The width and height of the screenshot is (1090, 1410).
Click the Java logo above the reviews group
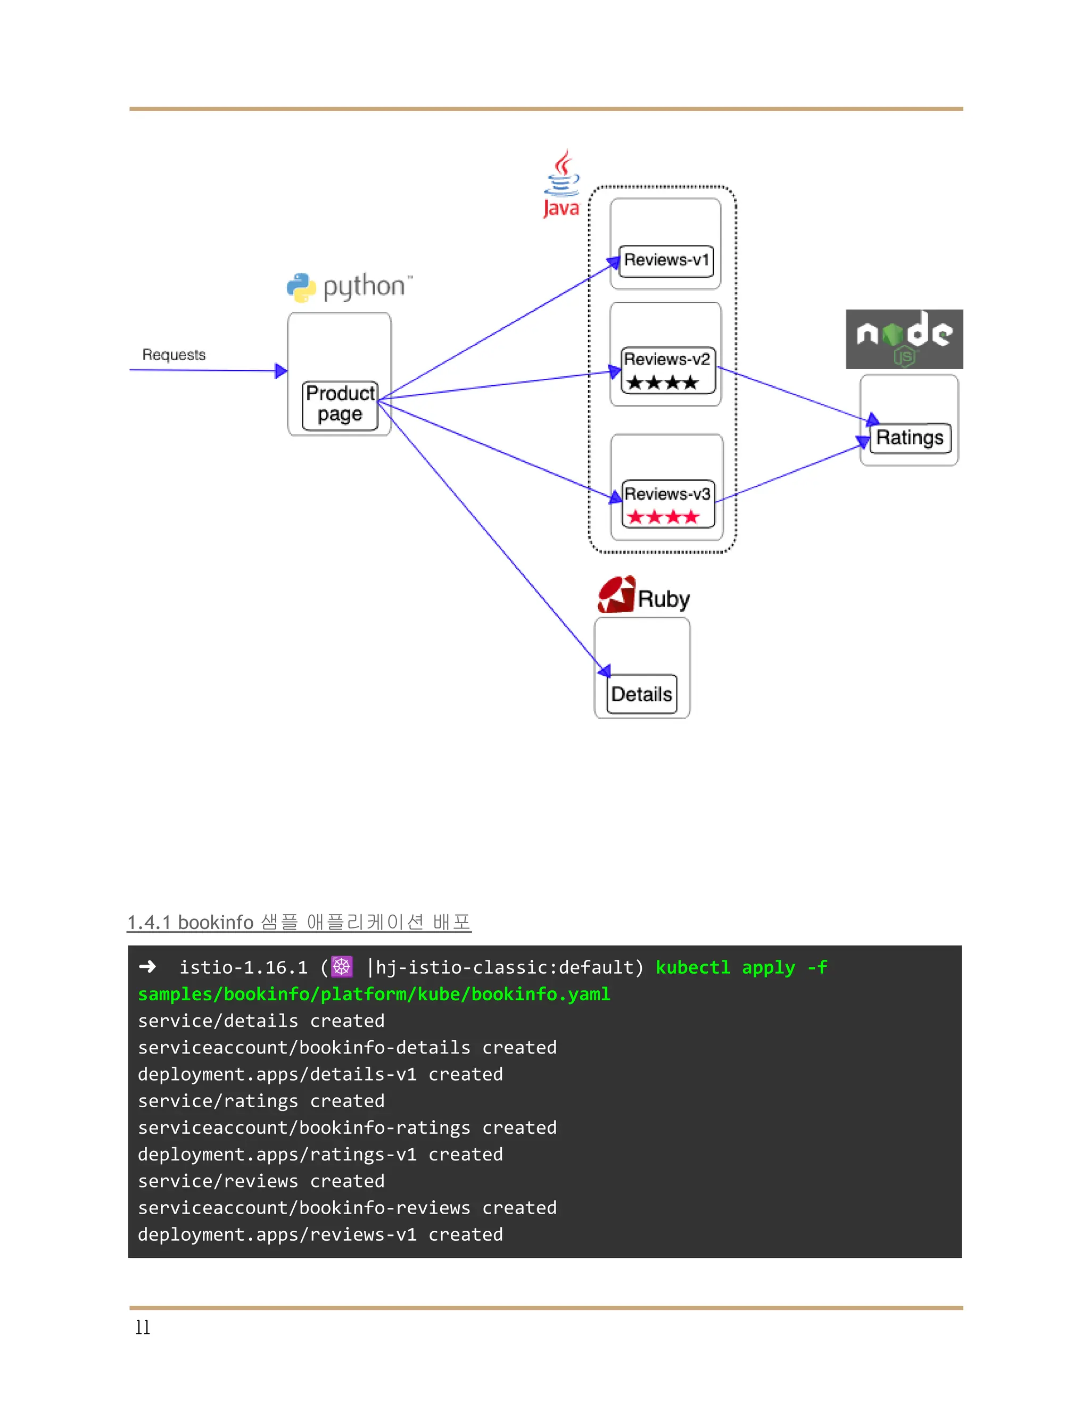561,184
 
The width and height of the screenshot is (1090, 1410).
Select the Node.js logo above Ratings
904,339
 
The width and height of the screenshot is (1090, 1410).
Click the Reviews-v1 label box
666,261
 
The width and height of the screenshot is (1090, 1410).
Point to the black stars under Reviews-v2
663,383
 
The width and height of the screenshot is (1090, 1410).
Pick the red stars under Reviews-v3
663,517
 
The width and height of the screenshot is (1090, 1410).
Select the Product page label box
340,405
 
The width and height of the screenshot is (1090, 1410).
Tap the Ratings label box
910,438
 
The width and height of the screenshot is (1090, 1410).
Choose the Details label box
642,695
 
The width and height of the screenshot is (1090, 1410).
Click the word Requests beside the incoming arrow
174,354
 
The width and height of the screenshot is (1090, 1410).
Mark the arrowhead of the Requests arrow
281,370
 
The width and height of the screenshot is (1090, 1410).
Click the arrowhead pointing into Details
605,671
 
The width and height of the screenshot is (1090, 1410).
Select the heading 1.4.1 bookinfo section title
299,922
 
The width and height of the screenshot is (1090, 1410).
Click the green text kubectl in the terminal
692,967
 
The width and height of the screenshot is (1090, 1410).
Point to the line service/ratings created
261,1101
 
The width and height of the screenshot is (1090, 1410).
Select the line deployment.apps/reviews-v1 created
320,1234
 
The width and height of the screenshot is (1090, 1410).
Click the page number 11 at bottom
143,1328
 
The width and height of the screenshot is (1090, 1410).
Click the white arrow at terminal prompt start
148,966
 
